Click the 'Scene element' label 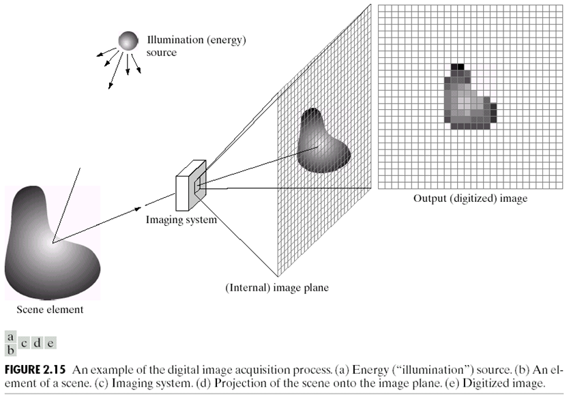tap(50, 310)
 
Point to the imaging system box tap(190, 185)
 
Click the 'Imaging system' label tap(181, 220)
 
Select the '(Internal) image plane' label tap(277, 288)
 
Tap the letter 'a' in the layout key tap(10, 337)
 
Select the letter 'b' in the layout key tap(10, 349)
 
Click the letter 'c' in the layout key tap(24, 344)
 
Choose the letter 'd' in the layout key tap(37, 344)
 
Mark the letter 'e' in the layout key tap(50, 344)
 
